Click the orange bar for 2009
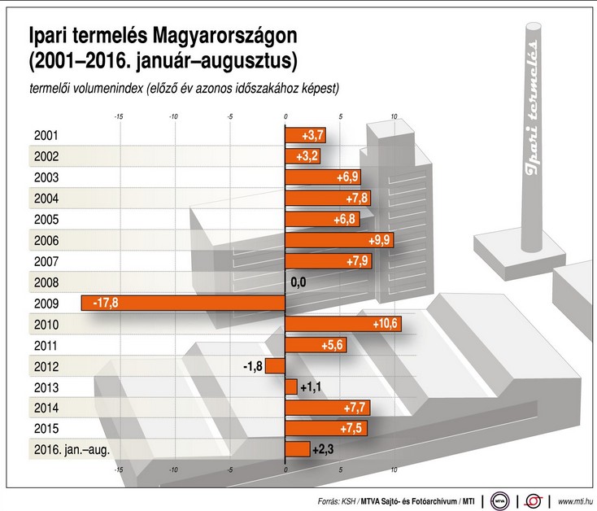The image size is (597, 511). point(183,303)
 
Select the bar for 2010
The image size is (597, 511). point(342,324)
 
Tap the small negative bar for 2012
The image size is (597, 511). point(274,365)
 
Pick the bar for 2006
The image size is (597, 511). point(340,240)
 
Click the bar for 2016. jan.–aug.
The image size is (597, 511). point(298,449)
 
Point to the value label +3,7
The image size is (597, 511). point(313,135)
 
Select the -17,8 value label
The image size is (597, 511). point(107,303)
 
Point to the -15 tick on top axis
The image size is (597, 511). point(119,117)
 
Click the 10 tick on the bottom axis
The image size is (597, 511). point(394,470)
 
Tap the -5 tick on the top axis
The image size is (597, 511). point(230,117)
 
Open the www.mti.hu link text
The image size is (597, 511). point(573,500)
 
